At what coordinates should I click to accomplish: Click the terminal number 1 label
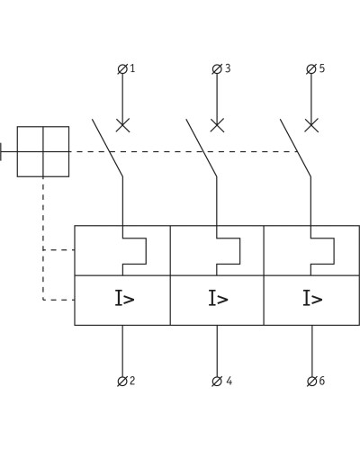(132, 68)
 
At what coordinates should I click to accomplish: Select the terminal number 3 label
(228, 68)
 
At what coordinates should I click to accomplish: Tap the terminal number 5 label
(322, 68)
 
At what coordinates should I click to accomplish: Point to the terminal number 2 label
(132, 381)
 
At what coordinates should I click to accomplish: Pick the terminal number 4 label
(229, 381)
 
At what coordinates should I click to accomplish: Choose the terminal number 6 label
(322, 381)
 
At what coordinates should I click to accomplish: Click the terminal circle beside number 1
(122, 69)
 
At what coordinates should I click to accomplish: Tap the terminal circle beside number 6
(312, 382)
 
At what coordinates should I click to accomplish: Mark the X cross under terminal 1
(122, 125)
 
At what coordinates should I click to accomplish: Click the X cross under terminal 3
(217, 125)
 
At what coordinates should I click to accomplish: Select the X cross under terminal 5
(311, 125)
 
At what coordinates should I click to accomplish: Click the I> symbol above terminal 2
(124, 298)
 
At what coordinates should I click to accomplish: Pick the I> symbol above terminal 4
(219, 298)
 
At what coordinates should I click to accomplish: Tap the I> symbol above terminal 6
(312, 298)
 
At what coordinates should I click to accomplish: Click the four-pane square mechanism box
(43, 151)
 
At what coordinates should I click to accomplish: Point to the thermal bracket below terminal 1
(146, 251)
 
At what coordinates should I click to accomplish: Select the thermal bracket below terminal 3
(240, 251)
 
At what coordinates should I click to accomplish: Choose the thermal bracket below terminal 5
(334, 251)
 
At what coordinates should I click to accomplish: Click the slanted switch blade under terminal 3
(202, 148)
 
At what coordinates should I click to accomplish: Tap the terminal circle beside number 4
(217, 382)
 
